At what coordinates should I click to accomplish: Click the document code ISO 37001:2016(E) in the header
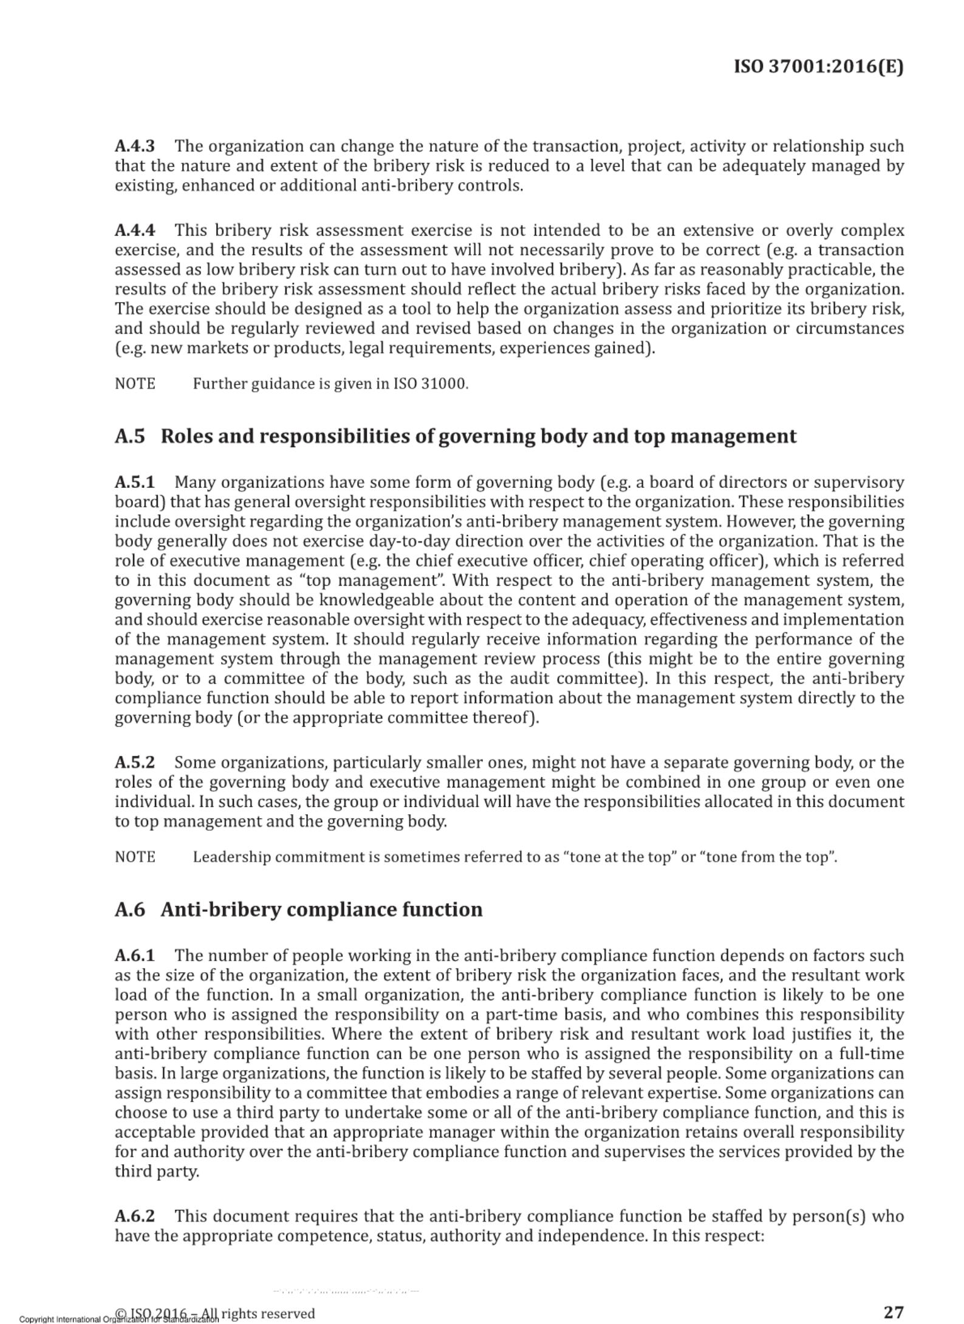[x=818, y=66]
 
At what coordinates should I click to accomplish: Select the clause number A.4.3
[x=135, y=146]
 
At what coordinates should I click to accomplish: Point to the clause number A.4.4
[x=135, y=231]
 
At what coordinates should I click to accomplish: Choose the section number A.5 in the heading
[x=130, y=436]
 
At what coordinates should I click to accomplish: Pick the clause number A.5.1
[x=135, y=482]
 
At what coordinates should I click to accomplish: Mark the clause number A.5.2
[x=135, y=763]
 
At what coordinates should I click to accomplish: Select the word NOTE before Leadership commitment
[x=135, y=857]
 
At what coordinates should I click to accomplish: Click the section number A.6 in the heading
[x=130, y=910]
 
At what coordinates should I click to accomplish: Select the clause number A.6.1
[x=135, y=956]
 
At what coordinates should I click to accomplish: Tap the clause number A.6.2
[x=135, y=1216]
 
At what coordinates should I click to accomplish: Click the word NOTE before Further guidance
[x=135, y=384]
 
